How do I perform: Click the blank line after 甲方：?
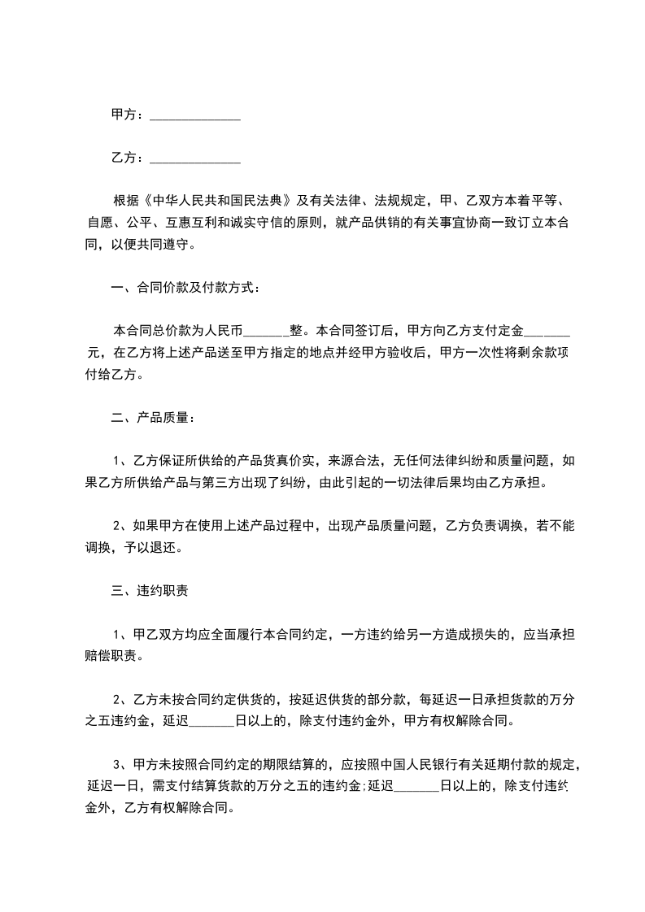[195, 116]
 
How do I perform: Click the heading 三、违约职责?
[151, 591]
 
